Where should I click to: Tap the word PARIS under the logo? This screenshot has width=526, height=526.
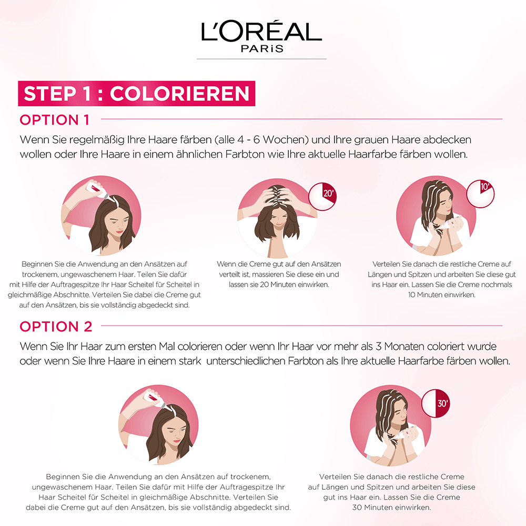click(x=262, y=49)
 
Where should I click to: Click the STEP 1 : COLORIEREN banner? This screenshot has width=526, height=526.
click(x=137, y=94)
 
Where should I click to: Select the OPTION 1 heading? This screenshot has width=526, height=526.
click(x=55, y=119)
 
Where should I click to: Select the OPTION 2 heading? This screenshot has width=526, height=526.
click(x=56, y=326)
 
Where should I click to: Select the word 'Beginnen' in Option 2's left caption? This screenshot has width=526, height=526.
click(x=63, y=476)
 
